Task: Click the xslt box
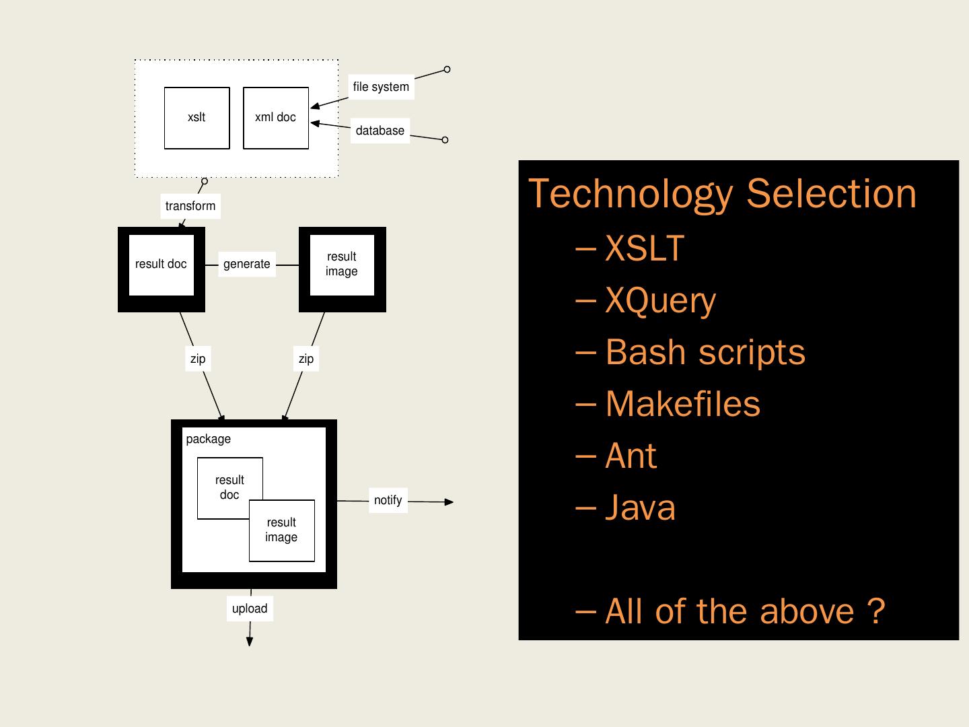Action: coord(197,118)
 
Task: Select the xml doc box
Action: coord(276,118)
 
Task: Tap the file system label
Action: coord(381,87)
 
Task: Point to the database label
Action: coord(380,131)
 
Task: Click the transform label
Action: coord(190,206)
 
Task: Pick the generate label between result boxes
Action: coord(247,264)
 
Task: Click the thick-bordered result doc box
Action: coord(161,269)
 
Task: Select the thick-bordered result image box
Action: coord(342,269)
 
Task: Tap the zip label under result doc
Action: coord(198,358)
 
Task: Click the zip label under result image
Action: coord(306,358)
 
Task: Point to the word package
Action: coord(209,439)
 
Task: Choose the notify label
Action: coord(388,500)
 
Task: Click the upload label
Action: coord(250,609)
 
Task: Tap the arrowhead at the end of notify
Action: coord(449,502)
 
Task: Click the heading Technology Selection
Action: coord(722,195)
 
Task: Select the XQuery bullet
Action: coord(646,301)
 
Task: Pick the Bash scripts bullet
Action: coord(690,352)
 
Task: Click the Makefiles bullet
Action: coord(668,404)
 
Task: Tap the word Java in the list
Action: coord(640,508)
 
